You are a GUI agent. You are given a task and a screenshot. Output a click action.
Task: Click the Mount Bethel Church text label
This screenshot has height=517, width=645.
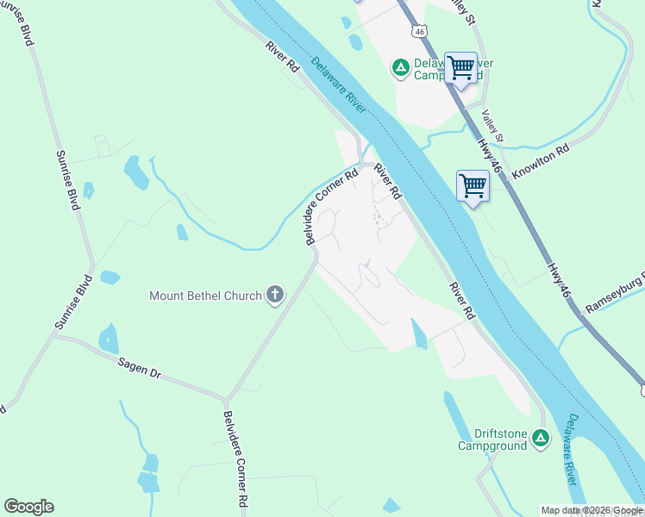pyautogui.click(x=205, y=296)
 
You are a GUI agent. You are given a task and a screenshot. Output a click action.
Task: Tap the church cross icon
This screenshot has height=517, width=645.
pyautogui.click(x=275, y=296)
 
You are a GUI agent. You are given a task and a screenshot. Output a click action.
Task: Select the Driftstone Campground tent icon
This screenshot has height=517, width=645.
pyautogui.click(x=541, y=439)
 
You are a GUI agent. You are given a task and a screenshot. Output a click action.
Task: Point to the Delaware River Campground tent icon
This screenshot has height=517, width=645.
pyautogui.click(x=400, y=67)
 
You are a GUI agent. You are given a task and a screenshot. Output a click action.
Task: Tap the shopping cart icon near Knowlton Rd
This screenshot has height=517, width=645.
pyautogui.click(x=473, y=185)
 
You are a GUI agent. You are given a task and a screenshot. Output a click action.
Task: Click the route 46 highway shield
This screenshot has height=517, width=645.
pyautogui.click(x=419, y=31)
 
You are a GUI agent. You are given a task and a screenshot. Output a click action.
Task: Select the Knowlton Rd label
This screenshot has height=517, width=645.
pyautogui.click(x=541, y=161)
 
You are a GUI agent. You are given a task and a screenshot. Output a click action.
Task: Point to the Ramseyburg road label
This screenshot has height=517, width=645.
pyautogui.click(x=615, y=296)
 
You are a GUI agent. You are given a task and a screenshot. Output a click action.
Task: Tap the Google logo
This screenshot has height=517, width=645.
pyautogui.click(x=28, y=507)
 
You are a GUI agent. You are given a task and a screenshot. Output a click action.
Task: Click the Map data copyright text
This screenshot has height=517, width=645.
pyautogui.click(x=592, y=510)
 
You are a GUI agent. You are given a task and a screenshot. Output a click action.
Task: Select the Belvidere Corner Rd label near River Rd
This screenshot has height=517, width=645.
pyautogui.click(x=332, y=207)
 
